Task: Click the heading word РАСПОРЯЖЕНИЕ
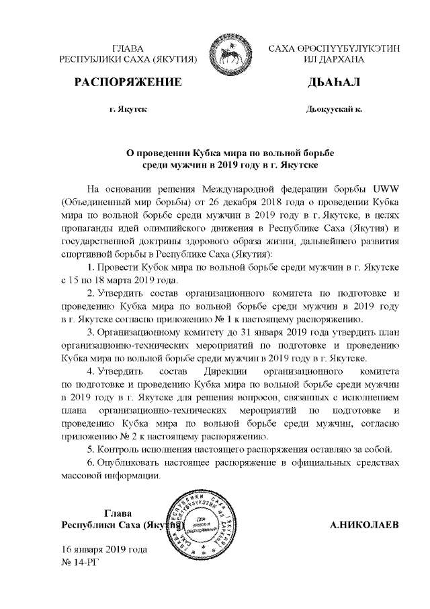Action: click(128, 83)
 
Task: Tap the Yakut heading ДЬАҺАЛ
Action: click(334, 83)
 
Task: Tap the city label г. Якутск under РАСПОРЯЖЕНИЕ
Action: click(128, 108)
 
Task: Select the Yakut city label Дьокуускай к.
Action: click(334, 108)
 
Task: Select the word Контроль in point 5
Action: click(120, 449)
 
